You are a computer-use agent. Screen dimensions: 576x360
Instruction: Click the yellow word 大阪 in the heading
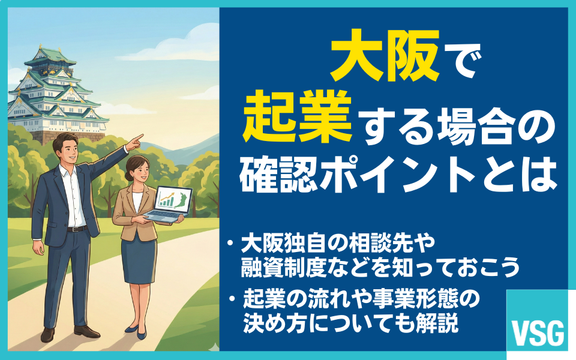[385, 55]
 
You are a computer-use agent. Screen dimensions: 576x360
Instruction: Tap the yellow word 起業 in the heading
[298, 116]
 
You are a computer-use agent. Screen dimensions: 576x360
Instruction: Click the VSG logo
[538, 333]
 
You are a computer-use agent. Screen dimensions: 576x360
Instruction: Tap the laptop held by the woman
[169, 204]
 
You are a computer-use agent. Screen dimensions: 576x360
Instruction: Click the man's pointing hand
[134, 142]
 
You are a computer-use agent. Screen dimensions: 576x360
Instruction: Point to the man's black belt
[77, 229]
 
